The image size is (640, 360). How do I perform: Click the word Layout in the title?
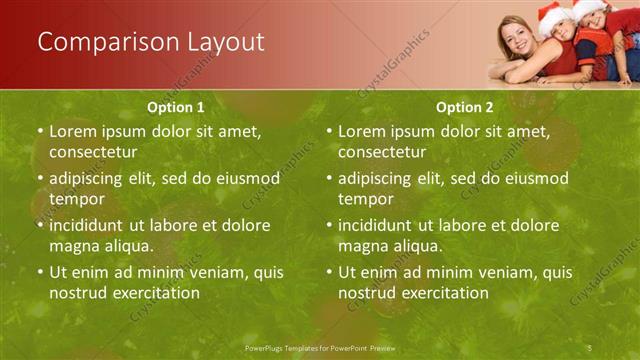click(225, 42)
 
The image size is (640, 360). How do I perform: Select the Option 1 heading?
click(176, 107)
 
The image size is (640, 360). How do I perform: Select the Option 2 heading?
click(464, 107)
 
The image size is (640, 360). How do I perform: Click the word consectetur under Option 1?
click(93, 152)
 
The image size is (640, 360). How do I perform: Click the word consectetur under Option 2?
click(382, 152)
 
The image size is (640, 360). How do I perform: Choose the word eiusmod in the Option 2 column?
click(534, 179)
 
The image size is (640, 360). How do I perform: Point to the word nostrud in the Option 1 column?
click(75, 293)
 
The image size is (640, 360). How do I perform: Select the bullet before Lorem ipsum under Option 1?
click(39, 131)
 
